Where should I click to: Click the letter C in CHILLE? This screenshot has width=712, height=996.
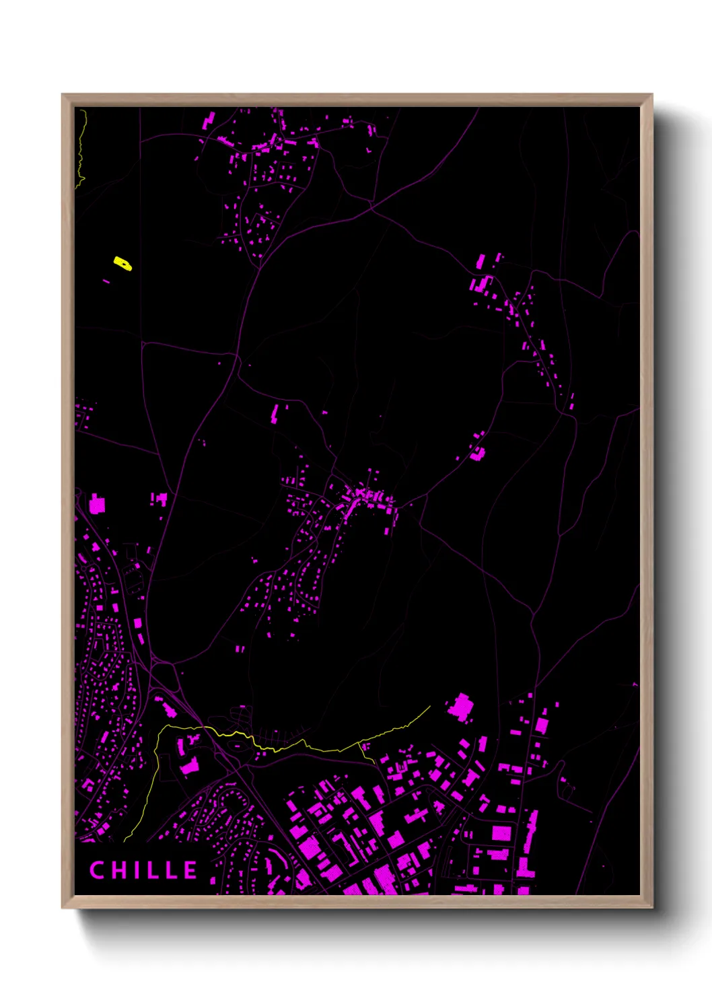click(98, 870)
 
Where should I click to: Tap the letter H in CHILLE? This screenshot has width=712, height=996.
click(120, 870)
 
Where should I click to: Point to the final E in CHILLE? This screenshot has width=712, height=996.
click(190, 870)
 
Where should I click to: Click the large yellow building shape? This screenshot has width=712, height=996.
click(122, 262)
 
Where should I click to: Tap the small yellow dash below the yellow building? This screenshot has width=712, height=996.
click(106, 281)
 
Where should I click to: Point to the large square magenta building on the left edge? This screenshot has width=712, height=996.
click(98, 504)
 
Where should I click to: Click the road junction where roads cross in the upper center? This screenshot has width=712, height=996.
click(371, 208)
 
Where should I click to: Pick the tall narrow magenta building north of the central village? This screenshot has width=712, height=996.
click(275, 413)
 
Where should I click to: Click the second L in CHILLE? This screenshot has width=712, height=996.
click(171, 870)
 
